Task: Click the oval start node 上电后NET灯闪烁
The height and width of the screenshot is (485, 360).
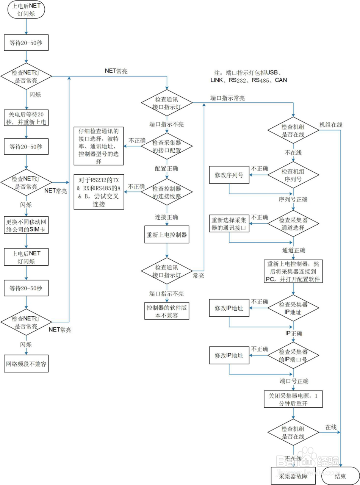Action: click(x=26, y=10)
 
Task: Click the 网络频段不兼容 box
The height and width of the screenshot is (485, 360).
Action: click(x=27, y=364)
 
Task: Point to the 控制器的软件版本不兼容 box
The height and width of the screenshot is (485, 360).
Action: click(x=167, y=310)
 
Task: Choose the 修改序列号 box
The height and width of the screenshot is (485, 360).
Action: click(x=229, y=175)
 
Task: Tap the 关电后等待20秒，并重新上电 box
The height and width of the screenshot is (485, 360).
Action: click(x=27, y=118)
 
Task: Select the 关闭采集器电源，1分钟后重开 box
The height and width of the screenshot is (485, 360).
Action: click(x=293, y=399)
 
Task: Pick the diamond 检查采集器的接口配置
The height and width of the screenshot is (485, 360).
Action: click(x=167, y=145)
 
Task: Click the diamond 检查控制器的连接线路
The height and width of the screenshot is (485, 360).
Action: click(x=167, y=191)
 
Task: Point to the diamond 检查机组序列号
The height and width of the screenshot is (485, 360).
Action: click(x=293, y=175)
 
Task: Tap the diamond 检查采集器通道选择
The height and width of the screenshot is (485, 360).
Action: click(x=293, y=224)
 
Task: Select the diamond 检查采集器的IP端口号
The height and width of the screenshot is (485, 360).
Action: click(x=293, y=356)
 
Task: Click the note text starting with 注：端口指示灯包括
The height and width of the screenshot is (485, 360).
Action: click(x=249, y=76)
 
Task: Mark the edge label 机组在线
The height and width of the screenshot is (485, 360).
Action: click(x=331, y=125)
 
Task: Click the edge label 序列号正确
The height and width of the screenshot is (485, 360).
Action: click(x=293, y=200)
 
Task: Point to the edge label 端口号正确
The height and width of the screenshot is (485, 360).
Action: click(x=294, y=381)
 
